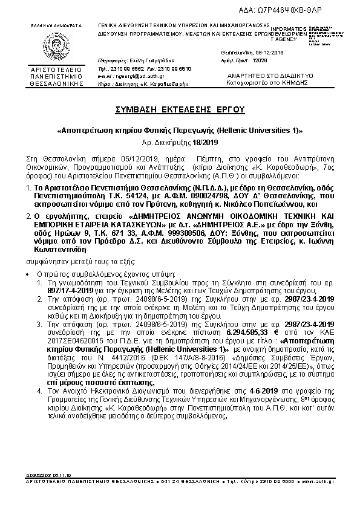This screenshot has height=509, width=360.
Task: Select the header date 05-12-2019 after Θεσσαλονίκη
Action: tap(269, 53)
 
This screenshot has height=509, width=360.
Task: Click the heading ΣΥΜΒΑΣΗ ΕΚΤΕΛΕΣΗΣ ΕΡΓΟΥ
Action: tap(180, 110)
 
